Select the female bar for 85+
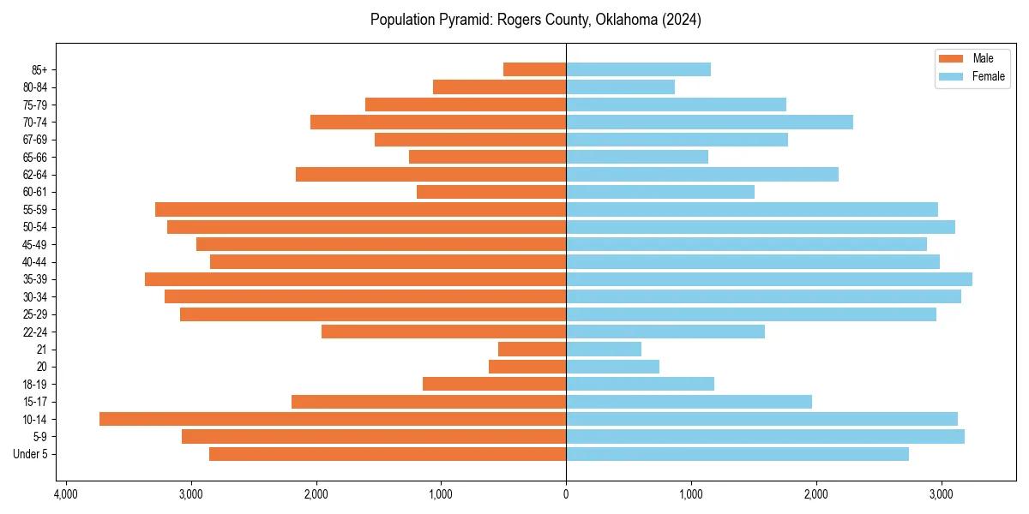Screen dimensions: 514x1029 tap(638, 69)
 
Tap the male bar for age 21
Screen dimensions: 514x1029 tap(532, 349)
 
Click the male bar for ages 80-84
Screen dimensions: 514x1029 tap(499, 87)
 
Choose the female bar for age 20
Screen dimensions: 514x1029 tap(612, 367)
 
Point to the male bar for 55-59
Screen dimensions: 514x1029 tap(360, 209)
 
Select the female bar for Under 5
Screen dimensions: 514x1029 tap(737, 454)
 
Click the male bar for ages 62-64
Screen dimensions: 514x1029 tap(430, 174)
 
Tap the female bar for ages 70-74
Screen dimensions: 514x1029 tap(709, 122)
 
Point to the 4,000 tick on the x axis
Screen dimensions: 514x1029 tap(65, 494)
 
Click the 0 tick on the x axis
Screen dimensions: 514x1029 tap(566, 494)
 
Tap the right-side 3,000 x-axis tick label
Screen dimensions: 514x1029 tap(942, 494)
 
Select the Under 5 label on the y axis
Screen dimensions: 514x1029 tap(31, 454)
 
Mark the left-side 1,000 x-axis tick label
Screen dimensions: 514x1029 tap(441, 494)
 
